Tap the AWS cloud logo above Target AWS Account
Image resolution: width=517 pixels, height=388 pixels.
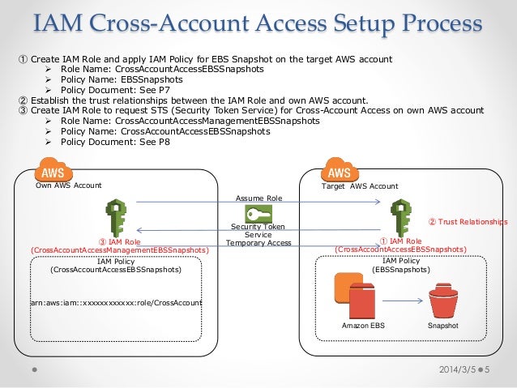(x=340, y=172)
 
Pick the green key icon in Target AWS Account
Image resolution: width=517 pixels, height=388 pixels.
(x=399, y=215)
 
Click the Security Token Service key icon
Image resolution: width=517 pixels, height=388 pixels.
(x=258, y=214)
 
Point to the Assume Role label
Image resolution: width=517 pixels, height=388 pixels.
(x=258, y=197)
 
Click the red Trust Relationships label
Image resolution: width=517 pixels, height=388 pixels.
(x=468, y=221)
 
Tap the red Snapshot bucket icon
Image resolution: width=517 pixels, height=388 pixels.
(x=443, y=301)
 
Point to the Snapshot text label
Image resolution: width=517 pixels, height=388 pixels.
(x=443, y=326)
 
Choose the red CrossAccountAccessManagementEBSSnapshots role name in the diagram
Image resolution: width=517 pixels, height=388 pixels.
(x=119, y=251)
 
